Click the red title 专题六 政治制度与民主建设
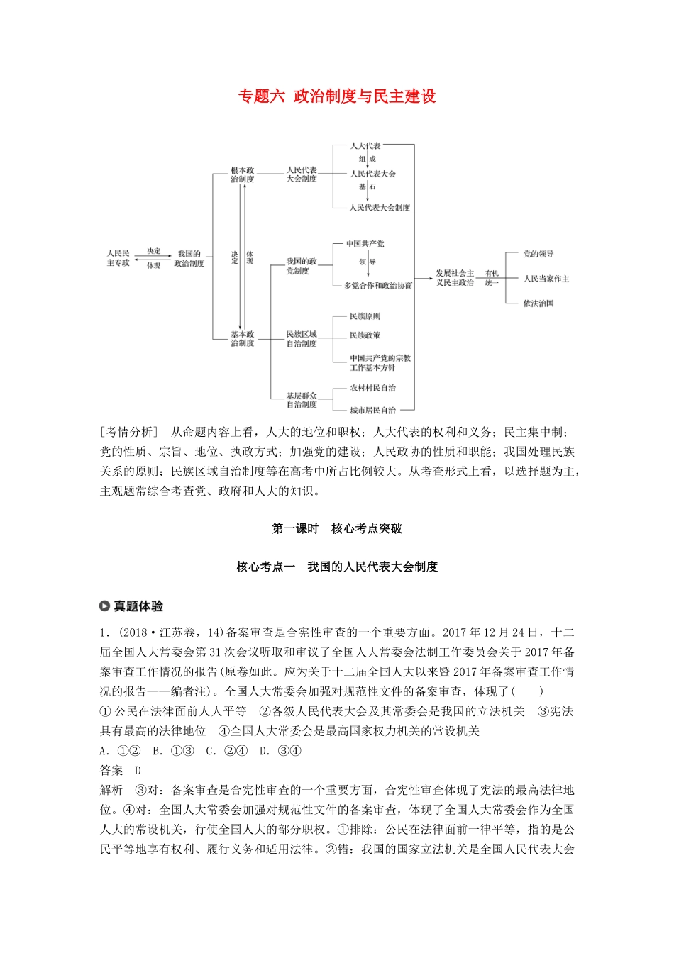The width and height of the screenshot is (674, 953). (337, 96)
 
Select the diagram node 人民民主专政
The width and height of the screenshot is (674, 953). (118, 258)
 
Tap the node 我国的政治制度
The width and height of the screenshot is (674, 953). (189, 258)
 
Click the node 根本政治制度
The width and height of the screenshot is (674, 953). (242, 175)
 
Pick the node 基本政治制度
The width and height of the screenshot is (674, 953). (242, 338)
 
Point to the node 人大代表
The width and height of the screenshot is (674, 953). (365, 145)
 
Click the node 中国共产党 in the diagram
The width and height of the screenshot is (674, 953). (365, 244)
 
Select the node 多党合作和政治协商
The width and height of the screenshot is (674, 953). (378, 285)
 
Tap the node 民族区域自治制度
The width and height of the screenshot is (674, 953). (302, 338)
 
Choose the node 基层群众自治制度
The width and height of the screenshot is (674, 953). (302, 400)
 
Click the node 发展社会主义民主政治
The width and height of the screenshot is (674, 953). (455, 277)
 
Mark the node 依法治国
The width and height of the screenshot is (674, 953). (538, 303)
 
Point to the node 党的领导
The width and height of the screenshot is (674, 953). (538, 254)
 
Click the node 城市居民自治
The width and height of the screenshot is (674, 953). (372, 411)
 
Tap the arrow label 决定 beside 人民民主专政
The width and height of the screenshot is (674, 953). (154, 251)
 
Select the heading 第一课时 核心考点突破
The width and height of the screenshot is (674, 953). (337, 528)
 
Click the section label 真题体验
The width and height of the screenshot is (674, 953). (138, 606)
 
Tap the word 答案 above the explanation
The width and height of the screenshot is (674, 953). (111, 771)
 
